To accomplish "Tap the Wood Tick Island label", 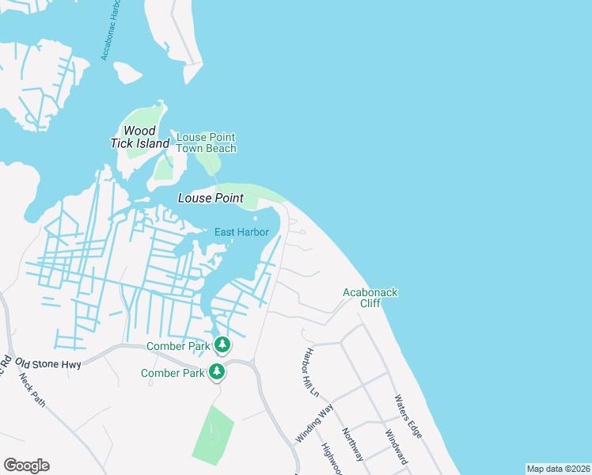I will coord(139,137).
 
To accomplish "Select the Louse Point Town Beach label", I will coord(206,142).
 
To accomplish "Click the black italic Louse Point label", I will coord(210,198).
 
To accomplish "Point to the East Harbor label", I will coord(241,232).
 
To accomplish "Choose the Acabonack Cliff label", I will coord(370,298).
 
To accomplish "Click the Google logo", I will coord(26,465).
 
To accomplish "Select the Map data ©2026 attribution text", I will coord(558,469).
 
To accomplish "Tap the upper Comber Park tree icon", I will coord(223,344).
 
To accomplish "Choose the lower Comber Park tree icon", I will coord(216,371).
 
